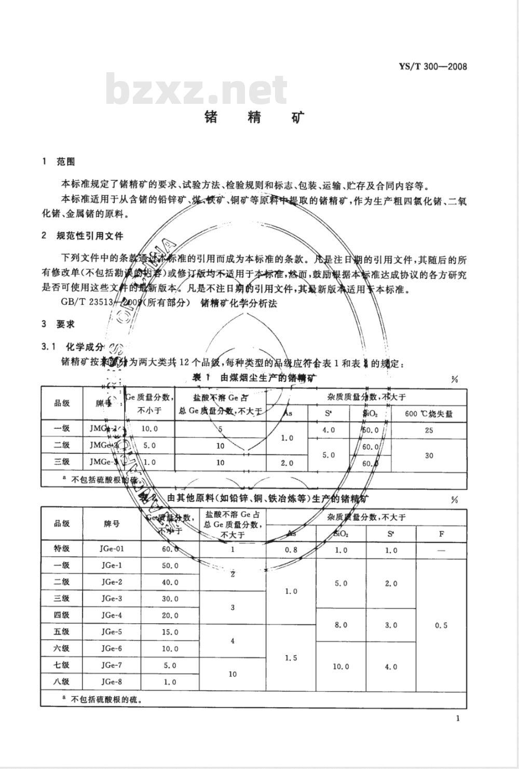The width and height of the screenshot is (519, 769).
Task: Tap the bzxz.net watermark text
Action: pos(196,90)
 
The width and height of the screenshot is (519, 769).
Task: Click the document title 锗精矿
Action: pos(254,117)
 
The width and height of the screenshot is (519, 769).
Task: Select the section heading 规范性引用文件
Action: pos(90,236)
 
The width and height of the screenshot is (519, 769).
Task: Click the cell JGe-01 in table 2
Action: pos(112,548)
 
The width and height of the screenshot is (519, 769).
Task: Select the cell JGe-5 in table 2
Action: pos(112,632)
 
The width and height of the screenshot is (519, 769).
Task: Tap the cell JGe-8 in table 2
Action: pos(112,682)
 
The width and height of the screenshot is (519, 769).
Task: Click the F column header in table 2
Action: pos(441,533)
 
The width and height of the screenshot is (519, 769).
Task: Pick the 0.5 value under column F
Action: pos(441,625)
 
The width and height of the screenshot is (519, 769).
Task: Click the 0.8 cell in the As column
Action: pos(291,550)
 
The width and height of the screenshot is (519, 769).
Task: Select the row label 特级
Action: pos(62,548)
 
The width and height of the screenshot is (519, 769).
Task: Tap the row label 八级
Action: pos(62,682)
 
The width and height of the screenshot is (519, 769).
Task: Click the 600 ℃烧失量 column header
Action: pos(429,413)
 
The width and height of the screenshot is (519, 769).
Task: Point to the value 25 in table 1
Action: pos(429,430)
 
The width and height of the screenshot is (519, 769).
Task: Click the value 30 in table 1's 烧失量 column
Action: pos(429,455)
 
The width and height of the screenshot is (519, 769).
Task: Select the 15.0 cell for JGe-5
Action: pos(170,632)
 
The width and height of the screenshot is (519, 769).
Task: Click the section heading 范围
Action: pos(66,161)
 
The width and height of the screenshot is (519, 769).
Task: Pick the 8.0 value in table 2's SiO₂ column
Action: pos(341,625)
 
